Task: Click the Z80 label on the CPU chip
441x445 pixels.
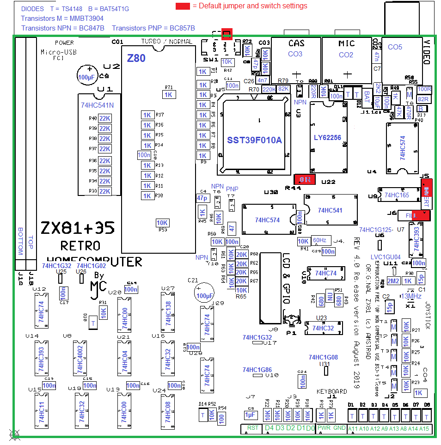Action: (136, 58)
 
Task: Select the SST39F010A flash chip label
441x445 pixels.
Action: (254, 140)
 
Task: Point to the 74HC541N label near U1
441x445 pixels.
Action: (97, 105)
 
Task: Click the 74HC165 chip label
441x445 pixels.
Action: (397, 195)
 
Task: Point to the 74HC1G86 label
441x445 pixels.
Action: (257, 370)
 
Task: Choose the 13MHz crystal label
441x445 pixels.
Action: (413, 296)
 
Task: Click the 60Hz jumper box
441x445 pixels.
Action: (319, 240)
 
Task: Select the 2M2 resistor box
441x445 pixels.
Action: (393, 281)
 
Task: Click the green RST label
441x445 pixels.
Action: (252, 428)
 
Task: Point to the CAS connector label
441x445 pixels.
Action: (296, 43)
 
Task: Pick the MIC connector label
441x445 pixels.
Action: (346, 43)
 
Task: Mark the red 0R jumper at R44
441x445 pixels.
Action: (305, 179)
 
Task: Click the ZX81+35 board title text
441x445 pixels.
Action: (78, 228)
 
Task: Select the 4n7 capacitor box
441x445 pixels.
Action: (263, 80)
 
